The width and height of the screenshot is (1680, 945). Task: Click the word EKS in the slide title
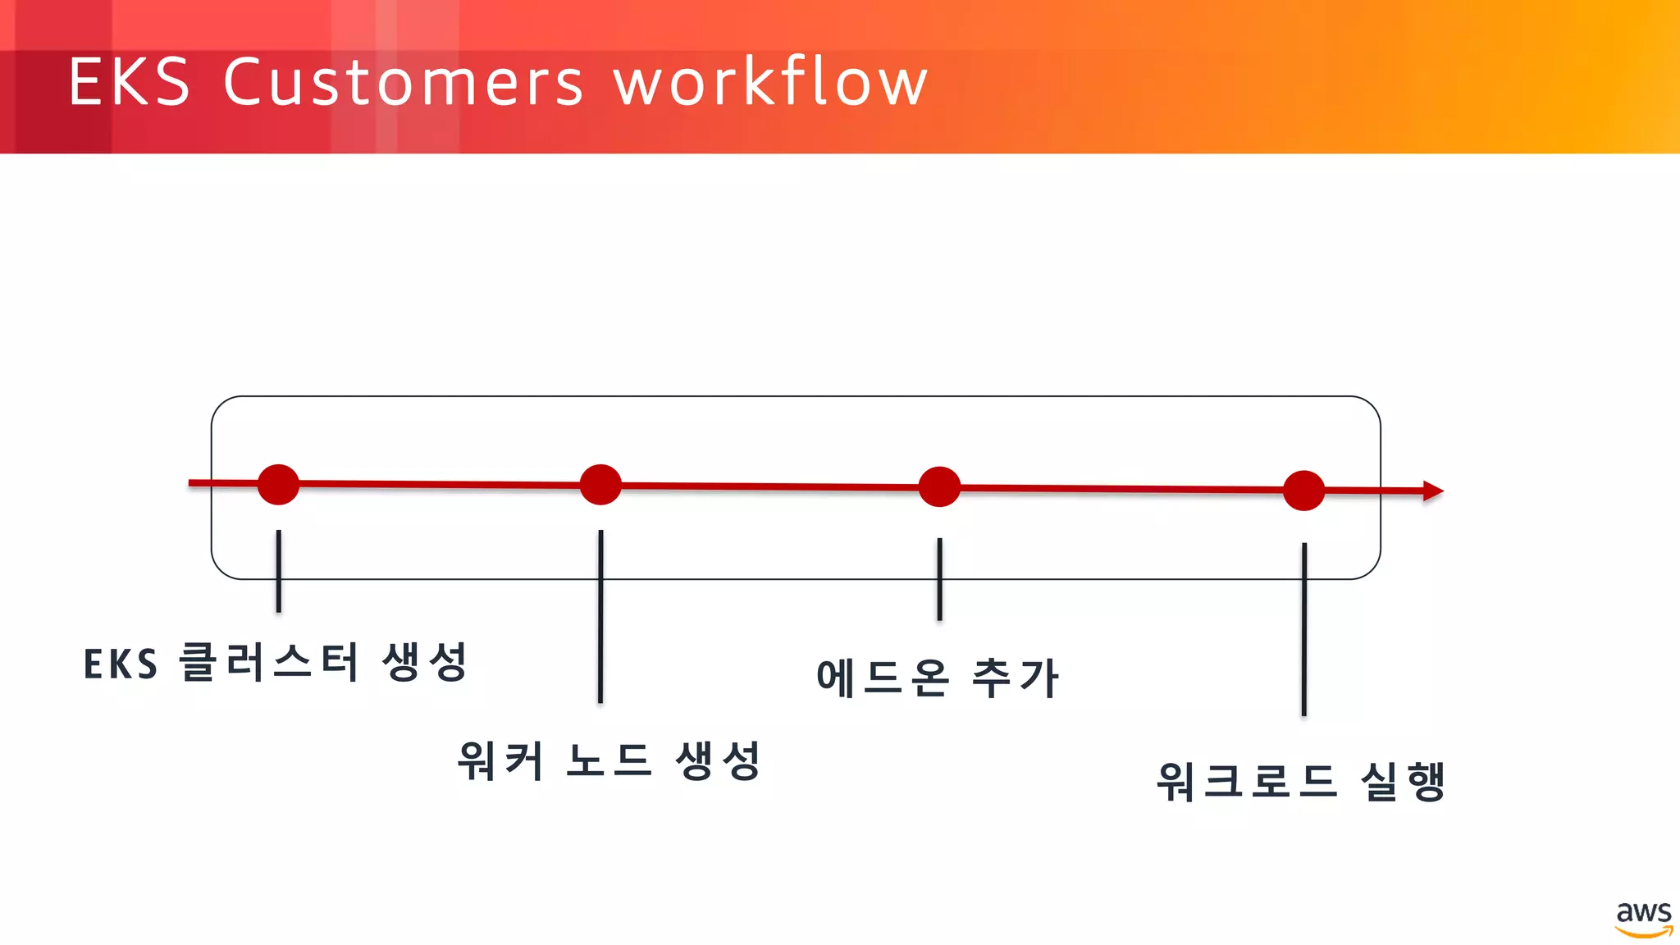coord(129,82)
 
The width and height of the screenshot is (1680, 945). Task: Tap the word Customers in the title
coord(403,82)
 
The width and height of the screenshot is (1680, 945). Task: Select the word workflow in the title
coord(770,82)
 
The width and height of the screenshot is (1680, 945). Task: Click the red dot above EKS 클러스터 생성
coord(278,484)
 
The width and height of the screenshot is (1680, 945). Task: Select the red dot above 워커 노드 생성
coord(600,485)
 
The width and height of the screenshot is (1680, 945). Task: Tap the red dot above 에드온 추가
coord(939,487)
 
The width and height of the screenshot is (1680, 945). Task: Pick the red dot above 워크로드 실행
coord(1303,491)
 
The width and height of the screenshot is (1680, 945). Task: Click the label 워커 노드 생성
coord(609,760)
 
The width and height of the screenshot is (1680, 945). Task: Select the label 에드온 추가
coord(938,678)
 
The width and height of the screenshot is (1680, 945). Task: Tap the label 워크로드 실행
coord(1301,781)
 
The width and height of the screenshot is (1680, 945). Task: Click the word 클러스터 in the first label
coord(269,662)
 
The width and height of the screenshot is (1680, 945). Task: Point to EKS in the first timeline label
coord(121,664)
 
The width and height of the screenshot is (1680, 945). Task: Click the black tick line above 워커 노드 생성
coord(600,615)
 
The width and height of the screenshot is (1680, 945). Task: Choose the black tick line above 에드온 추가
coord(939,579)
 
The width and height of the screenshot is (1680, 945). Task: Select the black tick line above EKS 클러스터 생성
coord(279,571)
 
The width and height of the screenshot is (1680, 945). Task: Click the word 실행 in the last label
coord(1403,781)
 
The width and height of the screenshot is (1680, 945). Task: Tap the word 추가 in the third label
coord(1016,678)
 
